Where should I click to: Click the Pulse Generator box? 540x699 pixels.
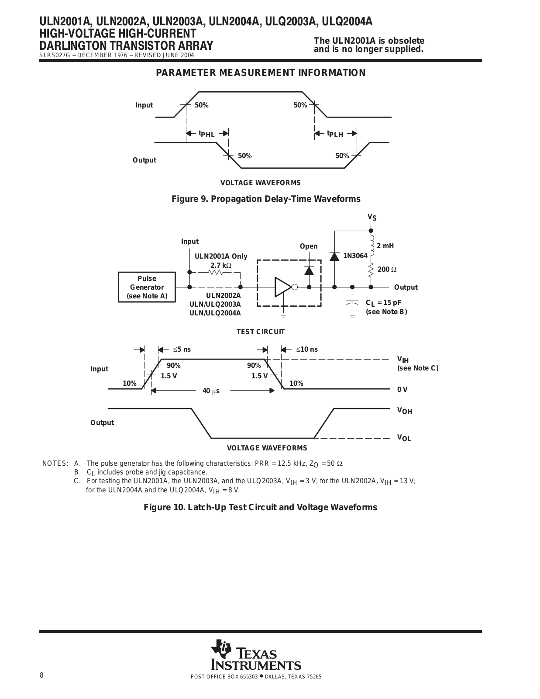point(147,287)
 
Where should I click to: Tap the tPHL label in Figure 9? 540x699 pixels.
point(206,134)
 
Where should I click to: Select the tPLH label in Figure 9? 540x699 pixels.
point(335,134)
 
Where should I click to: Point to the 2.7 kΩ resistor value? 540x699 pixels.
point(221,265)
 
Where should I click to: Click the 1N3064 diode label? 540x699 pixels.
point(355,256)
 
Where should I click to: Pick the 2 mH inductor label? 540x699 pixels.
point(385,246)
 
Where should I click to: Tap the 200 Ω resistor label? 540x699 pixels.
point(387,269)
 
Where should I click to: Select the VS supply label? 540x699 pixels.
point(372,217)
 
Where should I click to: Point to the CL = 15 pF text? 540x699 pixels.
point(383,303)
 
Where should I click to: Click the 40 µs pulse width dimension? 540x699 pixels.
point(211,391)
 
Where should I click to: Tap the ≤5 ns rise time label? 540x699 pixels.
point(182,349)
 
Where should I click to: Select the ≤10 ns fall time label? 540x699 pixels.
point(307,349)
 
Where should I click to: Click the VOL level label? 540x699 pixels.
point(404,438)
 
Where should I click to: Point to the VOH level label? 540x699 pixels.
point(404,411)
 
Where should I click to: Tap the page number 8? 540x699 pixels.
point(41,675)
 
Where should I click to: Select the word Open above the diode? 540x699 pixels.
point(309,246)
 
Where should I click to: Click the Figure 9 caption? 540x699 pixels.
point(266,199)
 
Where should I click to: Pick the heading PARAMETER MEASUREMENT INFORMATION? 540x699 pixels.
point(261,73)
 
